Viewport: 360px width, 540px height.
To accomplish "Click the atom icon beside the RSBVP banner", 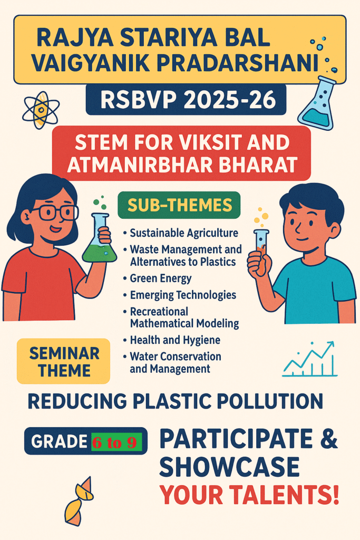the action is point(41,110).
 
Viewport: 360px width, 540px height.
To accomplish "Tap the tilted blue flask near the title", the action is point(317,103).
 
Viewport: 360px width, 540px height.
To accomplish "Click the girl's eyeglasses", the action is point(54,212).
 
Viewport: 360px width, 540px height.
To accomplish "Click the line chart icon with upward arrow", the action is point(310,359).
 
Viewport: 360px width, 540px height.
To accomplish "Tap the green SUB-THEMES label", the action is point(179,205).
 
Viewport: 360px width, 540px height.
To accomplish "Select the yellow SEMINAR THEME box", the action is point(64,361).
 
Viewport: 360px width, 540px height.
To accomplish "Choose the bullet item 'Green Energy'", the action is point(160,278).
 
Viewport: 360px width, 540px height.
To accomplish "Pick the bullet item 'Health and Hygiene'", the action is point(175,340).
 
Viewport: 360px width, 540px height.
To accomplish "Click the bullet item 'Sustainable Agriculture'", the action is point(184,233).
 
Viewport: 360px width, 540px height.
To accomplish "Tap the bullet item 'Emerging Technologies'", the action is point(183,295).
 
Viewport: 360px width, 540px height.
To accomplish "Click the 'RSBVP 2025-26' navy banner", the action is point(186,100).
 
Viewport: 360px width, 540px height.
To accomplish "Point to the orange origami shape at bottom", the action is point(80,502).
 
